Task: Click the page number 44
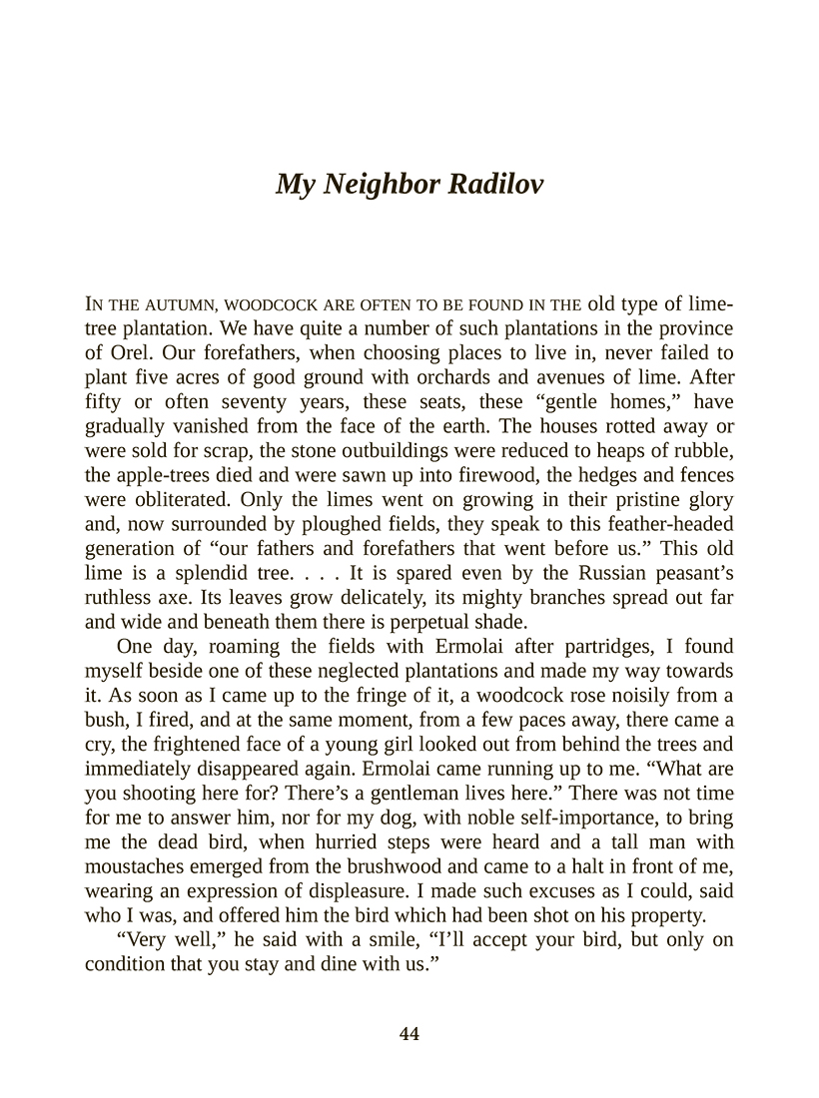point(409,1034)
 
